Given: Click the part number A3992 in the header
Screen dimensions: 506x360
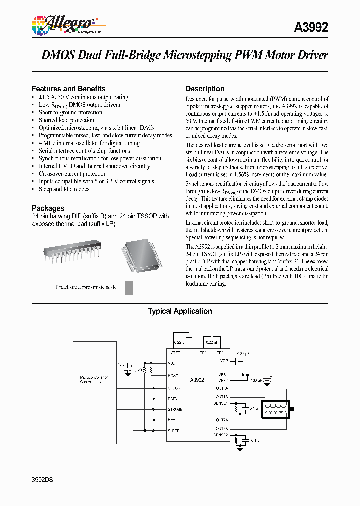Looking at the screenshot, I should tap(312, 28).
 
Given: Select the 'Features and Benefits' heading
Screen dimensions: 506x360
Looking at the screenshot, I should tap(68, 88).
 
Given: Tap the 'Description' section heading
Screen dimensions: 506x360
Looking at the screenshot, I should tap(205, 89).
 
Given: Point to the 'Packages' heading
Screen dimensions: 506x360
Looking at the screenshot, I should tap(48, 208).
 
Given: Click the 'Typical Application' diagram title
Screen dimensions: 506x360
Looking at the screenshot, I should tap(180, 311).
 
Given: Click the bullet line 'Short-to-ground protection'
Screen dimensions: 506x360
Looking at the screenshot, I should tap(70, 112).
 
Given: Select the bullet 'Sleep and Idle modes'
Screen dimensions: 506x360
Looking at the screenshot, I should tap(64, 189).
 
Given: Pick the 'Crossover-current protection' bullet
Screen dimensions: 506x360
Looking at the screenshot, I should tap(72, 174).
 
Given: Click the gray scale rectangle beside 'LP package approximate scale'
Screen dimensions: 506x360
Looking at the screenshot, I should tap(129, 288).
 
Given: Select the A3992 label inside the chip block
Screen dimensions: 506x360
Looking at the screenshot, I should tap(197, 380).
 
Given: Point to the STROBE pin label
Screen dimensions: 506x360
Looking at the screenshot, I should tap(176, 409).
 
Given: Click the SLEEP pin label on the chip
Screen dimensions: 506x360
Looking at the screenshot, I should tap(174, 430).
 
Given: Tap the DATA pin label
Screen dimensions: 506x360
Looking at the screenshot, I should tap(173, 399).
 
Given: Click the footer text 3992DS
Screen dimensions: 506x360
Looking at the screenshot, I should tap(42, 480).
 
